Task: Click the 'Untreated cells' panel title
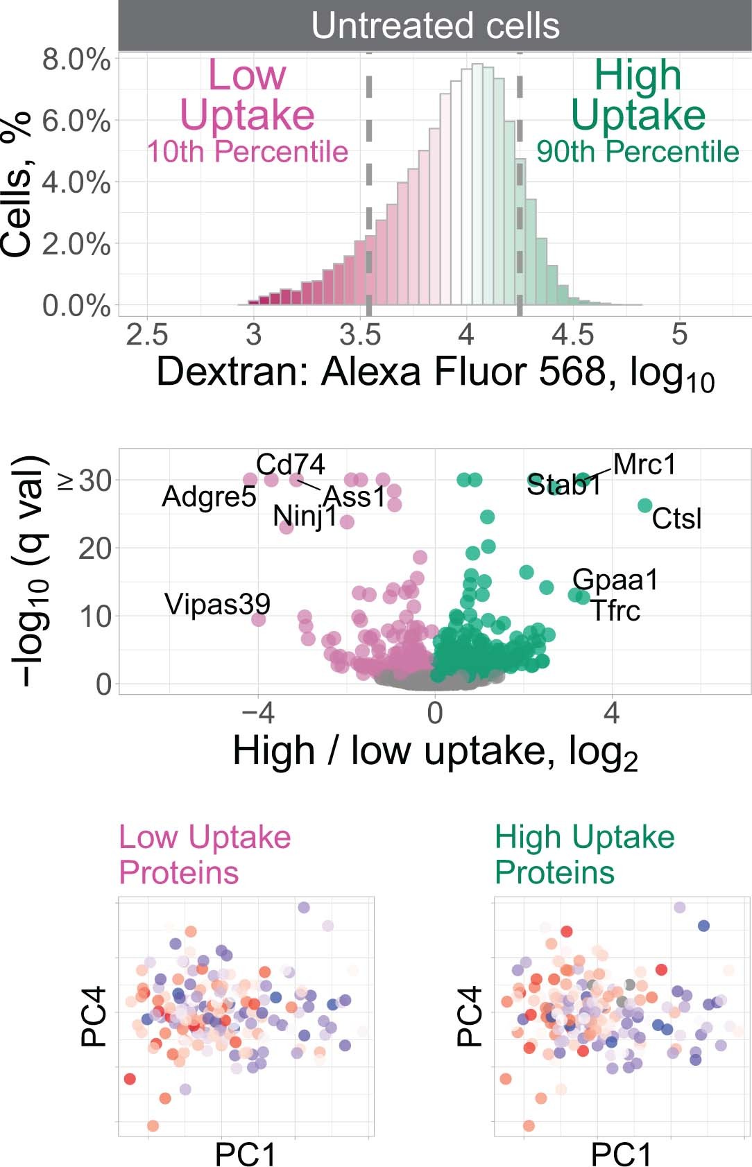tap(435, 26)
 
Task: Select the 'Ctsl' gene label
tap(676, 519)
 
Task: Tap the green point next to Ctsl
tap(644, 505)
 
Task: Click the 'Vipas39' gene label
tap(217, 604)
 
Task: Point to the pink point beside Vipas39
tap(258, 619)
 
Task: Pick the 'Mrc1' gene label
tap(644, 465)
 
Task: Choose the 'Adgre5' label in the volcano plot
tap(209, 496)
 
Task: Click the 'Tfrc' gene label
tap(615, 611)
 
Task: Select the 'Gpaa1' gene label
tap(615, 580)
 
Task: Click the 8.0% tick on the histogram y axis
tap(76, 60)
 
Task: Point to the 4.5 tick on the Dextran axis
tap(572, 335)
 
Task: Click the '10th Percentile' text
tap(247, 151)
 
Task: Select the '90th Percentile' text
tap(637, 151)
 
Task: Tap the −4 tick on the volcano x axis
tap(258, 713)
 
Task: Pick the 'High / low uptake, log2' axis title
tap(435, 752)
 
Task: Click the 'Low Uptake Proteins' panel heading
tap(205, 854)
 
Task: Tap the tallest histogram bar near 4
tap(477, 184)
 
